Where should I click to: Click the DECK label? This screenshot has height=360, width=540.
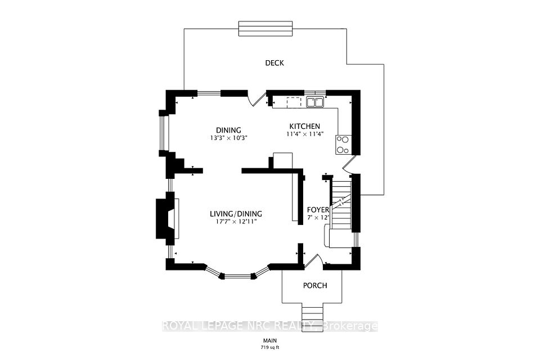click(x=274, y=63)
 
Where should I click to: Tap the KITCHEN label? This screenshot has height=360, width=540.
click(x=304, y=127)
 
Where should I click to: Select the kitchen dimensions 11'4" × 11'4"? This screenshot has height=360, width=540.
click(x=304, y=134)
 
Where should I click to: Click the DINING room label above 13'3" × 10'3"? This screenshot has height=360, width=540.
click(x=228, y=130)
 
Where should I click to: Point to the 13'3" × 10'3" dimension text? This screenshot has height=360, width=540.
click(x=229, y=138)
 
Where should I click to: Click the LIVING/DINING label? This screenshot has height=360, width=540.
click(x=236, y=214)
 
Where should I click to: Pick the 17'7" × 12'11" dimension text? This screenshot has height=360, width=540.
click(x=236, y=222)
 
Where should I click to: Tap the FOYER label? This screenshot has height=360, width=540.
click(x=318, y=210)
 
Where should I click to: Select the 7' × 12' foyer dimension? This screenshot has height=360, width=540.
click(x=318, y=217)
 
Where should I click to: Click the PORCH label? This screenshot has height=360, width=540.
click(x=315, y=286)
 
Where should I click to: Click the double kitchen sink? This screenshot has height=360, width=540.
click(x=315, y=102)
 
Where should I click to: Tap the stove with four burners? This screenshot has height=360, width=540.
click(x=343, y=145)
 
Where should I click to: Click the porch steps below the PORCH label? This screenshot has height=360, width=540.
click(x=313, y=317)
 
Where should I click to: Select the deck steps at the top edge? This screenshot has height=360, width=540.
click(x=265, y=28)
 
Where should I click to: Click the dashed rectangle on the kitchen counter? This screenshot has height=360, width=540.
click(x=294, y=102)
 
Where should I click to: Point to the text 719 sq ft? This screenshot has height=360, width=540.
click(x=270, y=347)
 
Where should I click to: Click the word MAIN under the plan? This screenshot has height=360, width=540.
click(x=270, y=341)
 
